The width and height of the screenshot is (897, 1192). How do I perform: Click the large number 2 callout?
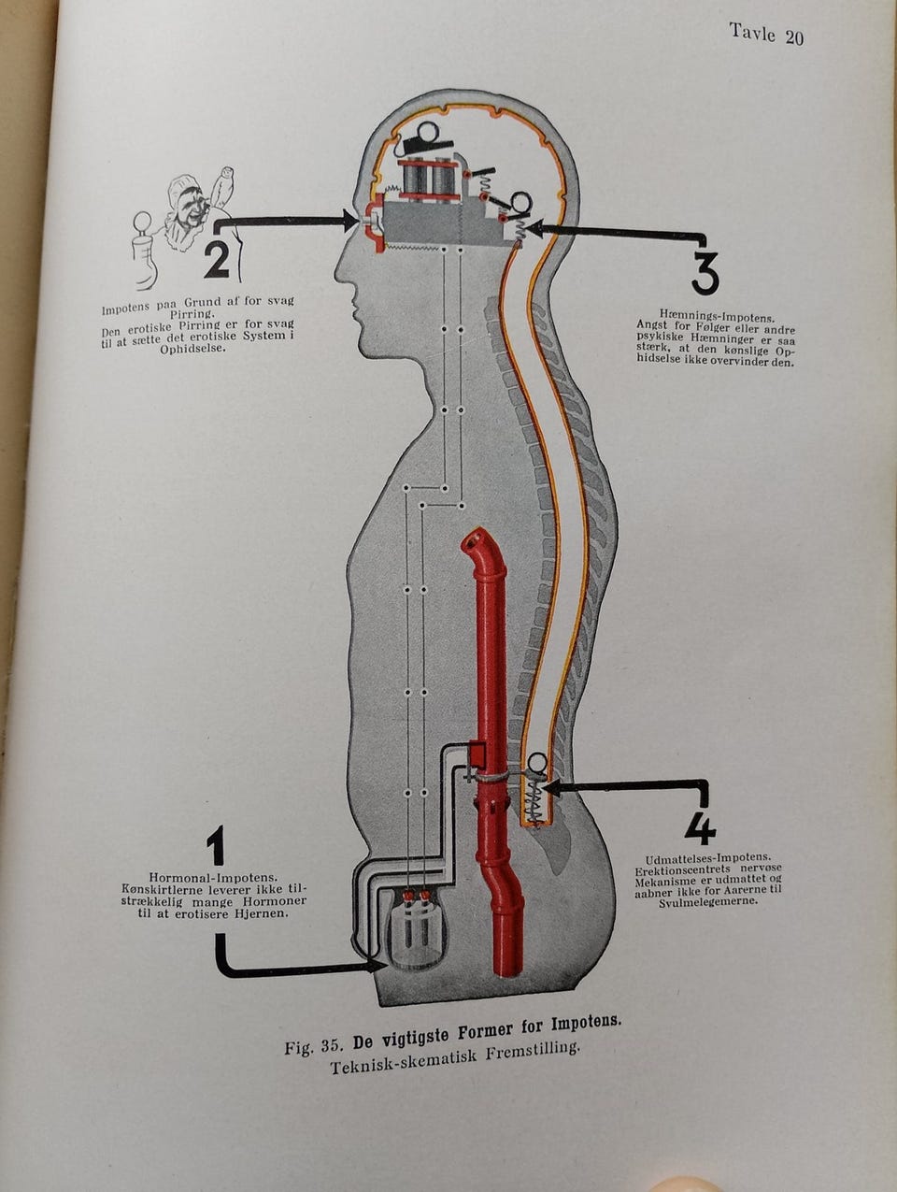coord(217,260)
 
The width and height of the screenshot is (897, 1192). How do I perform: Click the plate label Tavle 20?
coord(766,36)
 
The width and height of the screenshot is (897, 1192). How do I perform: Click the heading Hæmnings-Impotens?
coord(717,318)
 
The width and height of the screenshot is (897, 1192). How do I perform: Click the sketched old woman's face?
coord(188,210)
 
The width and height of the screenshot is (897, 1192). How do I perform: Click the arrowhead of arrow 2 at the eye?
coord(352,221)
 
